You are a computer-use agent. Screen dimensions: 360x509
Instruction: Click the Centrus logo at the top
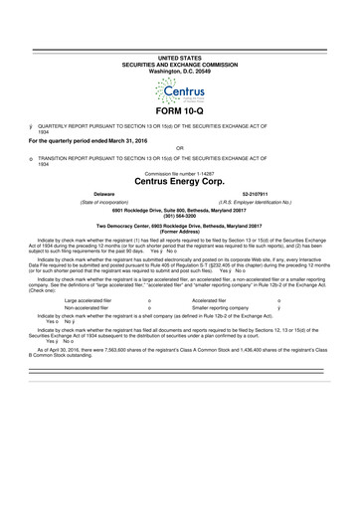(x=179, y=94)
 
